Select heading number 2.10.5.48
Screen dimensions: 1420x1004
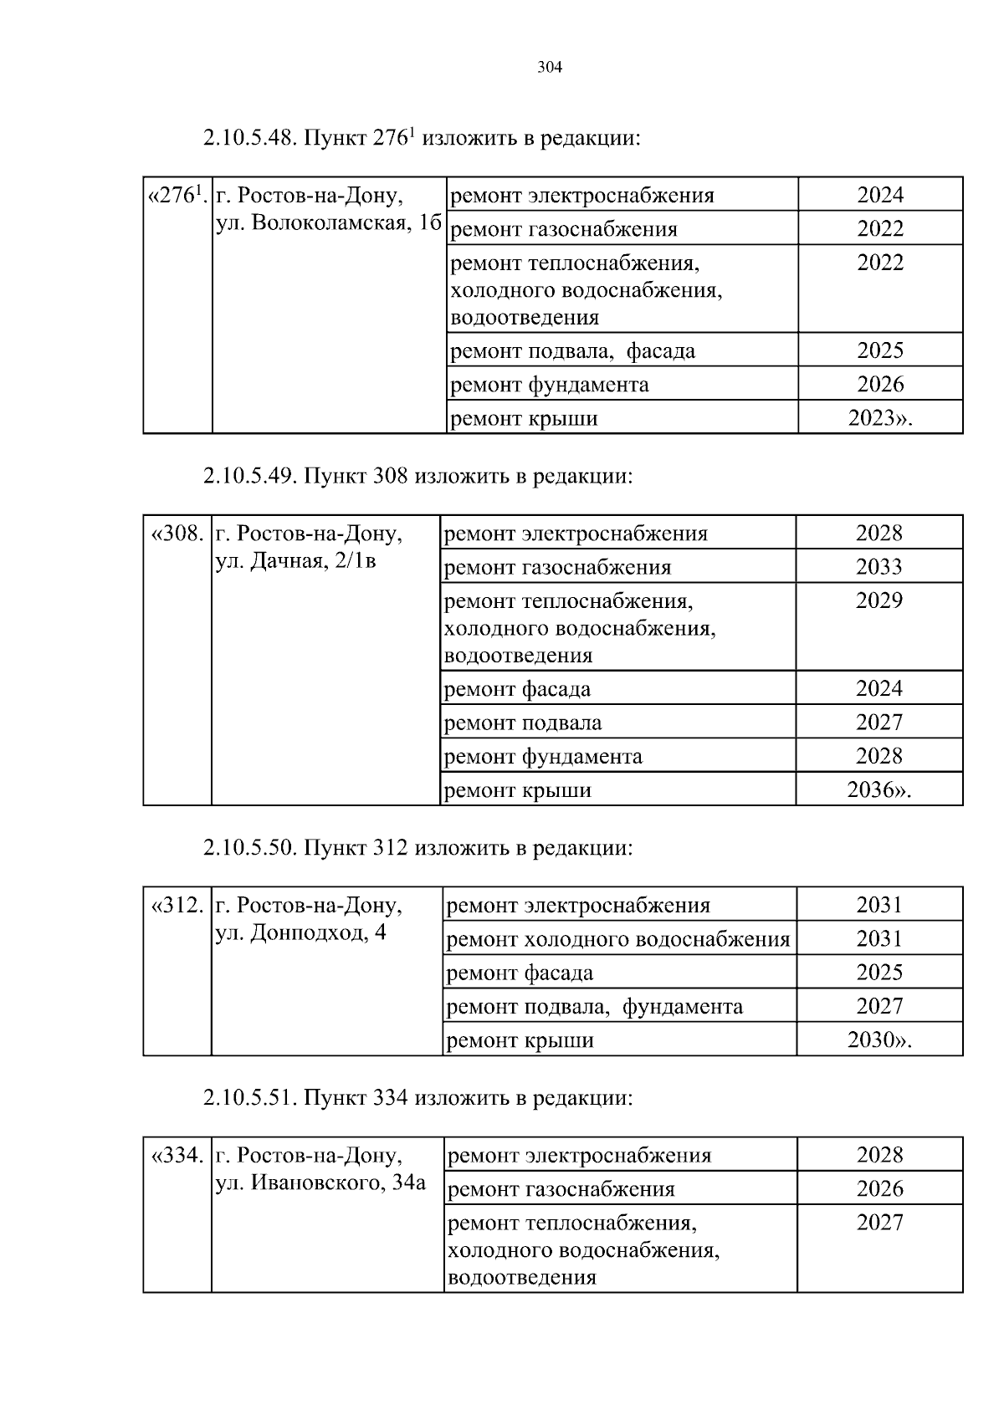[249, 138]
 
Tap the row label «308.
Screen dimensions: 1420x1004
[176, 534]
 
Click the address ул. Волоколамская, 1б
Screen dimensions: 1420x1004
[328, 223]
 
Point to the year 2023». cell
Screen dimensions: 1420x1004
[879, 418]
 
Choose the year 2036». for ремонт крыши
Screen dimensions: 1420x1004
[878, 790]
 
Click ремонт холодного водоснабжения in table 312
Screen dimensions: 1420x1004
[618, 939]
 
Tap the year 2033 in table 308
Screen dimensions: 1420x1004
[878, 567]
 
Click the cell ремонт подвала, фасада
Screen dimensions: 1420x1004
[572, 351]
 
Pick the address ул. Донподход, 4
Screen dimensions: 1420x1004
[301, 932]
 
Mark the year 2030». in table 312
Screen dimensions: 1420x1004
[879, 1040]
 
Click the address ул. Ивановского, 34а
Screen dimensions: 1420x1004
[320, 1182]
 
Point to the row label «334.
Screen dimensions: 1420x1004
[176, 1156]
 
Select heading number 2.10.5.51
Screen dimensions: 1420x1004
[249, 1098]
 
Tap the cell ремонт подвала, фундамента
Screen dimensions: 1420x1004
[595, 1007]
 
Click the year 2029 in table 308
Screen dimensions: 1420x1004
[878, 601]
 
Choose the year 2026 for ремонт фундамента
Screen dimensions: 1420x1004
[880, 385]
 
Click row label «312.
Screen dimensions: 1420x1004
[176, 906]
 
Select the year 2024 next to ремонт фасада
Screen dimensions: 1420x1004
[878, 689]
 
